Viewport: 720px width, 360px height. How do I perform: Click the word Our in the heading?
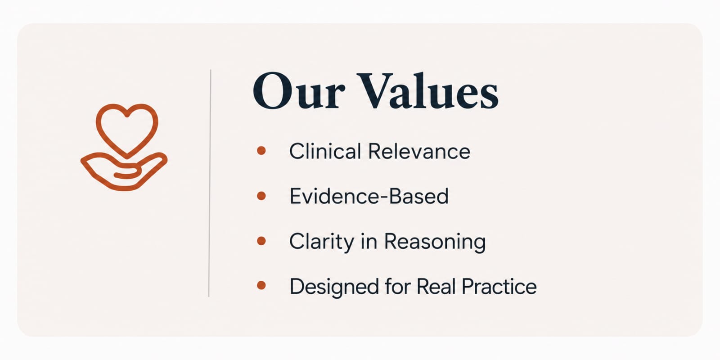299,91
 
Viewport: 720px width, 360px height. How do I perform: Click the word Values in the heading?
428,91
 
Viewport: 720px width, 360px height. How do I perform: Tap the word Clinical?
325,151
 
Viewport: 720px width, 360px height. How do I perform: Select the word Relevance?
419,151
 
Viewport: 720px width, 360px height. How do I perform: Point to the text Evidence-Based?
369,196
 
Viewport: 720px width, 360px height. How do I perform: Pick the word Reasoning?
435,242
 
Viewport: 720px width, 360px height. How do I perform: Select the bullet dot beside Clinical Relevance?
261,150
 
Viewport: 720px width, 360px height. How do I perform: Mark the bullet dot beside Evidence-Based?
261,196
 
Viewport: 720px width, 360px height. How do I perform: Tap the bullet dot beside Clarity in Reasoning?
261,241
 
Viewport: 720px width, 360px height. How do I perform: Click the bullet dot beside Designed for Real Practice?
261,285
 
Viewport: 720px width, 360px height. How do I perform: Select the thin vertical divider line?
210,183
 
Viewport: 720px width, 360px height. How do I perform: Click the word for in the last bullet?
398,286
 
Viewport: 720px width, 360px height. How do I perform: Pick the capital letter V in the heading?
375,91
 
